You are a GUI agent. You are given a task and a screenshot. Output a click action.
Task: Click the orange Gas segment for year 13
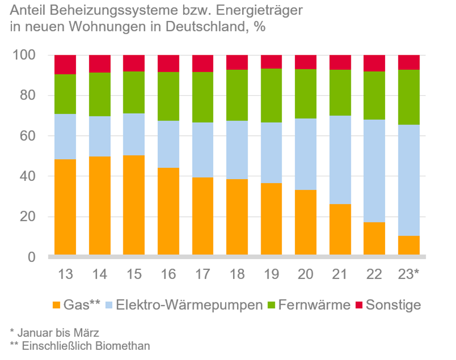point(65,207)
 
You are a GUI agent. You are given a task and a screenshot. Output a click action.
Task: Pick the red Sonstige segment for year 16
point(168,63)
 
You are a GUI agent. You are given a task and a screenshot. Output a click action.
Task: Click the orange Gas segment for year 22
point(374,239)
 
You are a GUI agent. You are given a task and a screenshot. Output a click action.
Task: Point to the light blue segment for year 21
point(340,160)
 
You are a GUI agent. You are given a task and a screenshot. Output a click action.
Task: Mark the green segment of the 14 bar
point(99,95)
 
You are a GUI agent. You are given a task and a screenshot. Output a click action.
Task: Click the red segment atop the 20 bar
point(306,62)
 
